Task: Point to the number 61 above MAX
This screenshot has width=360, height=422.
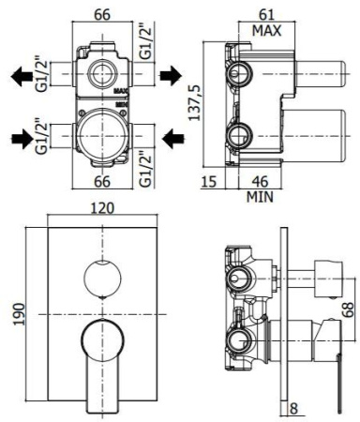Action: pos(265,13)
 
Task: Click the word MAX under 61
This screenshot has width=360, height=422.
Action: pos(265,29)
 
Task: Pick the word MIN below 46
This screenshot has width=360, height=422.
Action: pos(261,197)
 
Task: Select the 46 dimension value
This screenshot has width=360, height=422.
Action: pos(266,182)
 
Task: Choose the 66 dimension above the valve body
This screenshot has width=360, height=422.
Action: pos(102,13)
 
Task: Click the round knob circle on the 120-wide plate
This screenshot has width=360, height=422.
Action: pos(102,279)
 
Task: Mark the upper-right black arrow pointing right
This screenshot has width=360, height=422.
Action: pos(171,72)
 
